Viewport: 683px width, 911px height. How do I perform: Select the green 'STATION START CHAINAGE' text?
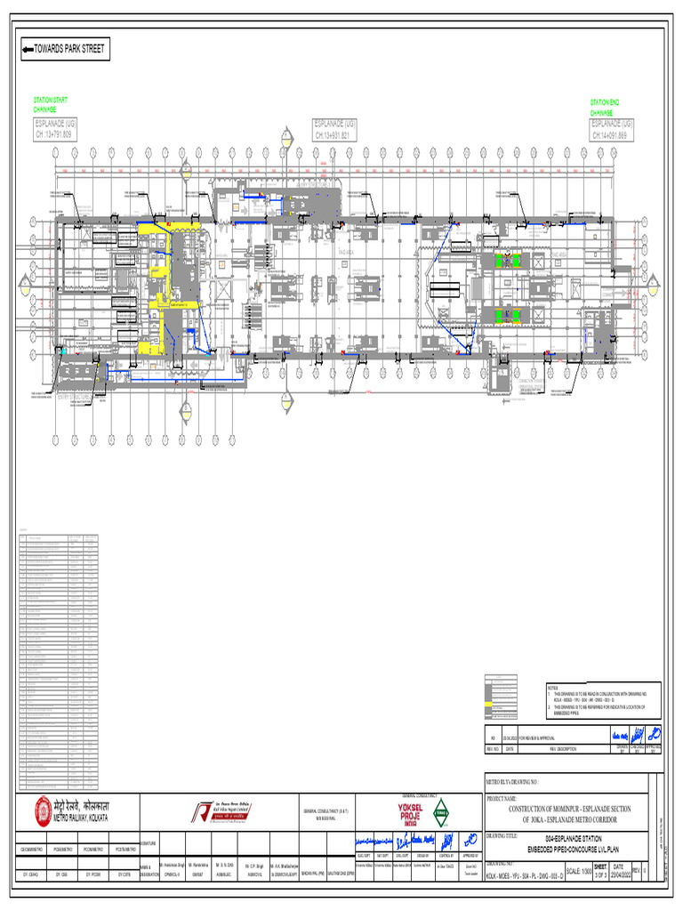coord(50,105)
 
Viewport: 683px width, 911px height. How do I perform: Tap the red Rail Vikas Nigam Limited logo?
coord(205,811)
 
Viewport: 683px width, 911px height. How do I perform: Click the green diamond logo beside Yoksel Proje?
coord(441,811)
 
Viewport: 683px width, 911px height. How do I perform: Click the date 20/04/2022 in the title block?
coord(623,872)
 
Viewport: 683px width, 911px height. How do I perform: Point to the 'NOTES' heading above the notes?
coord(552,687)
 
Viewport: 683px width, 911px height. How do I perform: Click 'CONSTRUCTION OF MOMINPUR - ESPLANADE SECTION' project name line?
coord(568,809)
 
